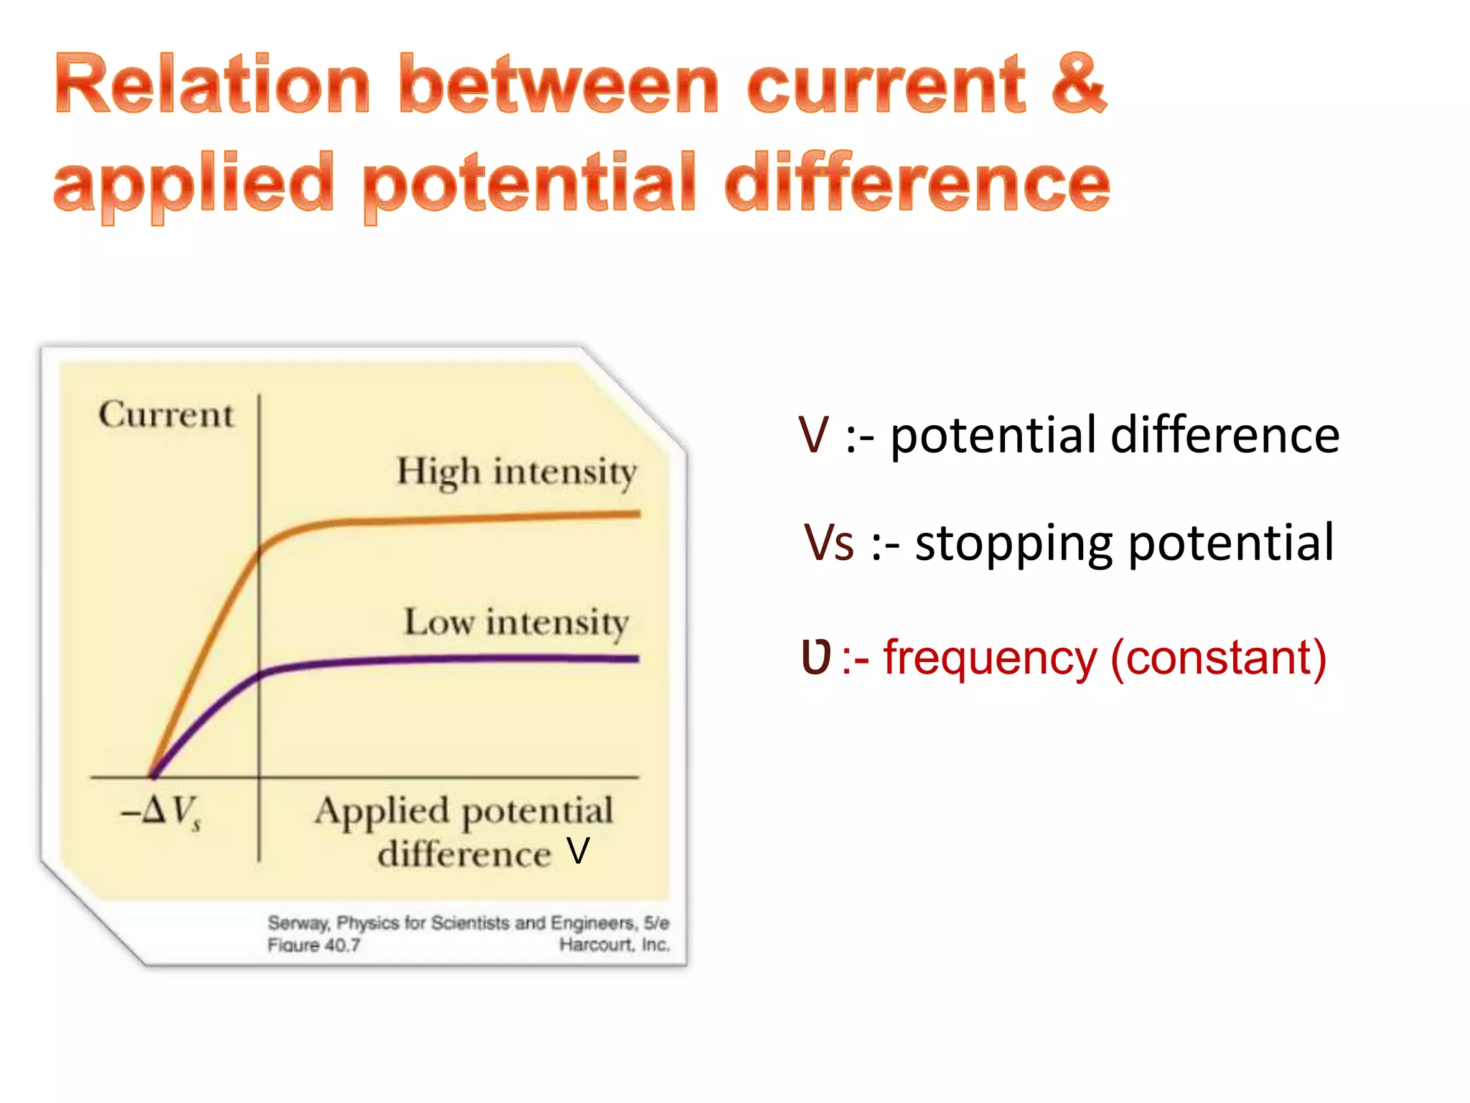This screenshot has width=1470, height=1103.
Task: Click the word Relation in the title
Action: click(x=212, y=85)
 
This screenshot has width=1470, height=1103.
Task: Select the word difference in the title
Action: click(x=917, y=182)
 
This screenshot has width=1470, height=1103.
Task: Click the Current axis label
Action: click(x=166, y=415)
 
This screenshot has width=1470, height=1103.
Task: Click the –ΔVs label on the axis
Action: click(x=161, y=812)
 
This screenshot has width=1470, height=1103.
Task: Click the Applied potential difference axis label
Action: click(x=464, y=832)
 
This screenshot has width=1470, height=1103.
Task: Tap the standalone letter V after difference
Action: click(x=578, y=852)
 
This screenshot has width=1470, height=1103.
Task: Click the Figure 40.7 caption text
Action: click(x=314, y=945)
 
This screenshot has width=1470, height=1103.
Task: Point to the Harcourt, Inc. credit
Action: click(x=614, y=945)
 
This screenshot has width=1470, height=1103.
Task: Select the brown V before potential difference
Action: click(x=814, y=435)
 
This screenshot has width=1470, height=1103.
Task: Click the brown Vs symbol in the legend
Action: click(x=829, y=543)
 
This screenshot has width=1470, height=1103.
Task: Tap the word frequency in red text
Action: click(x=990, y=657)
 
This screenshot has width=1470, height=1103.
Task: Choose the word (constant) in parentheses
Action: click(x=1218, y=657)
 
